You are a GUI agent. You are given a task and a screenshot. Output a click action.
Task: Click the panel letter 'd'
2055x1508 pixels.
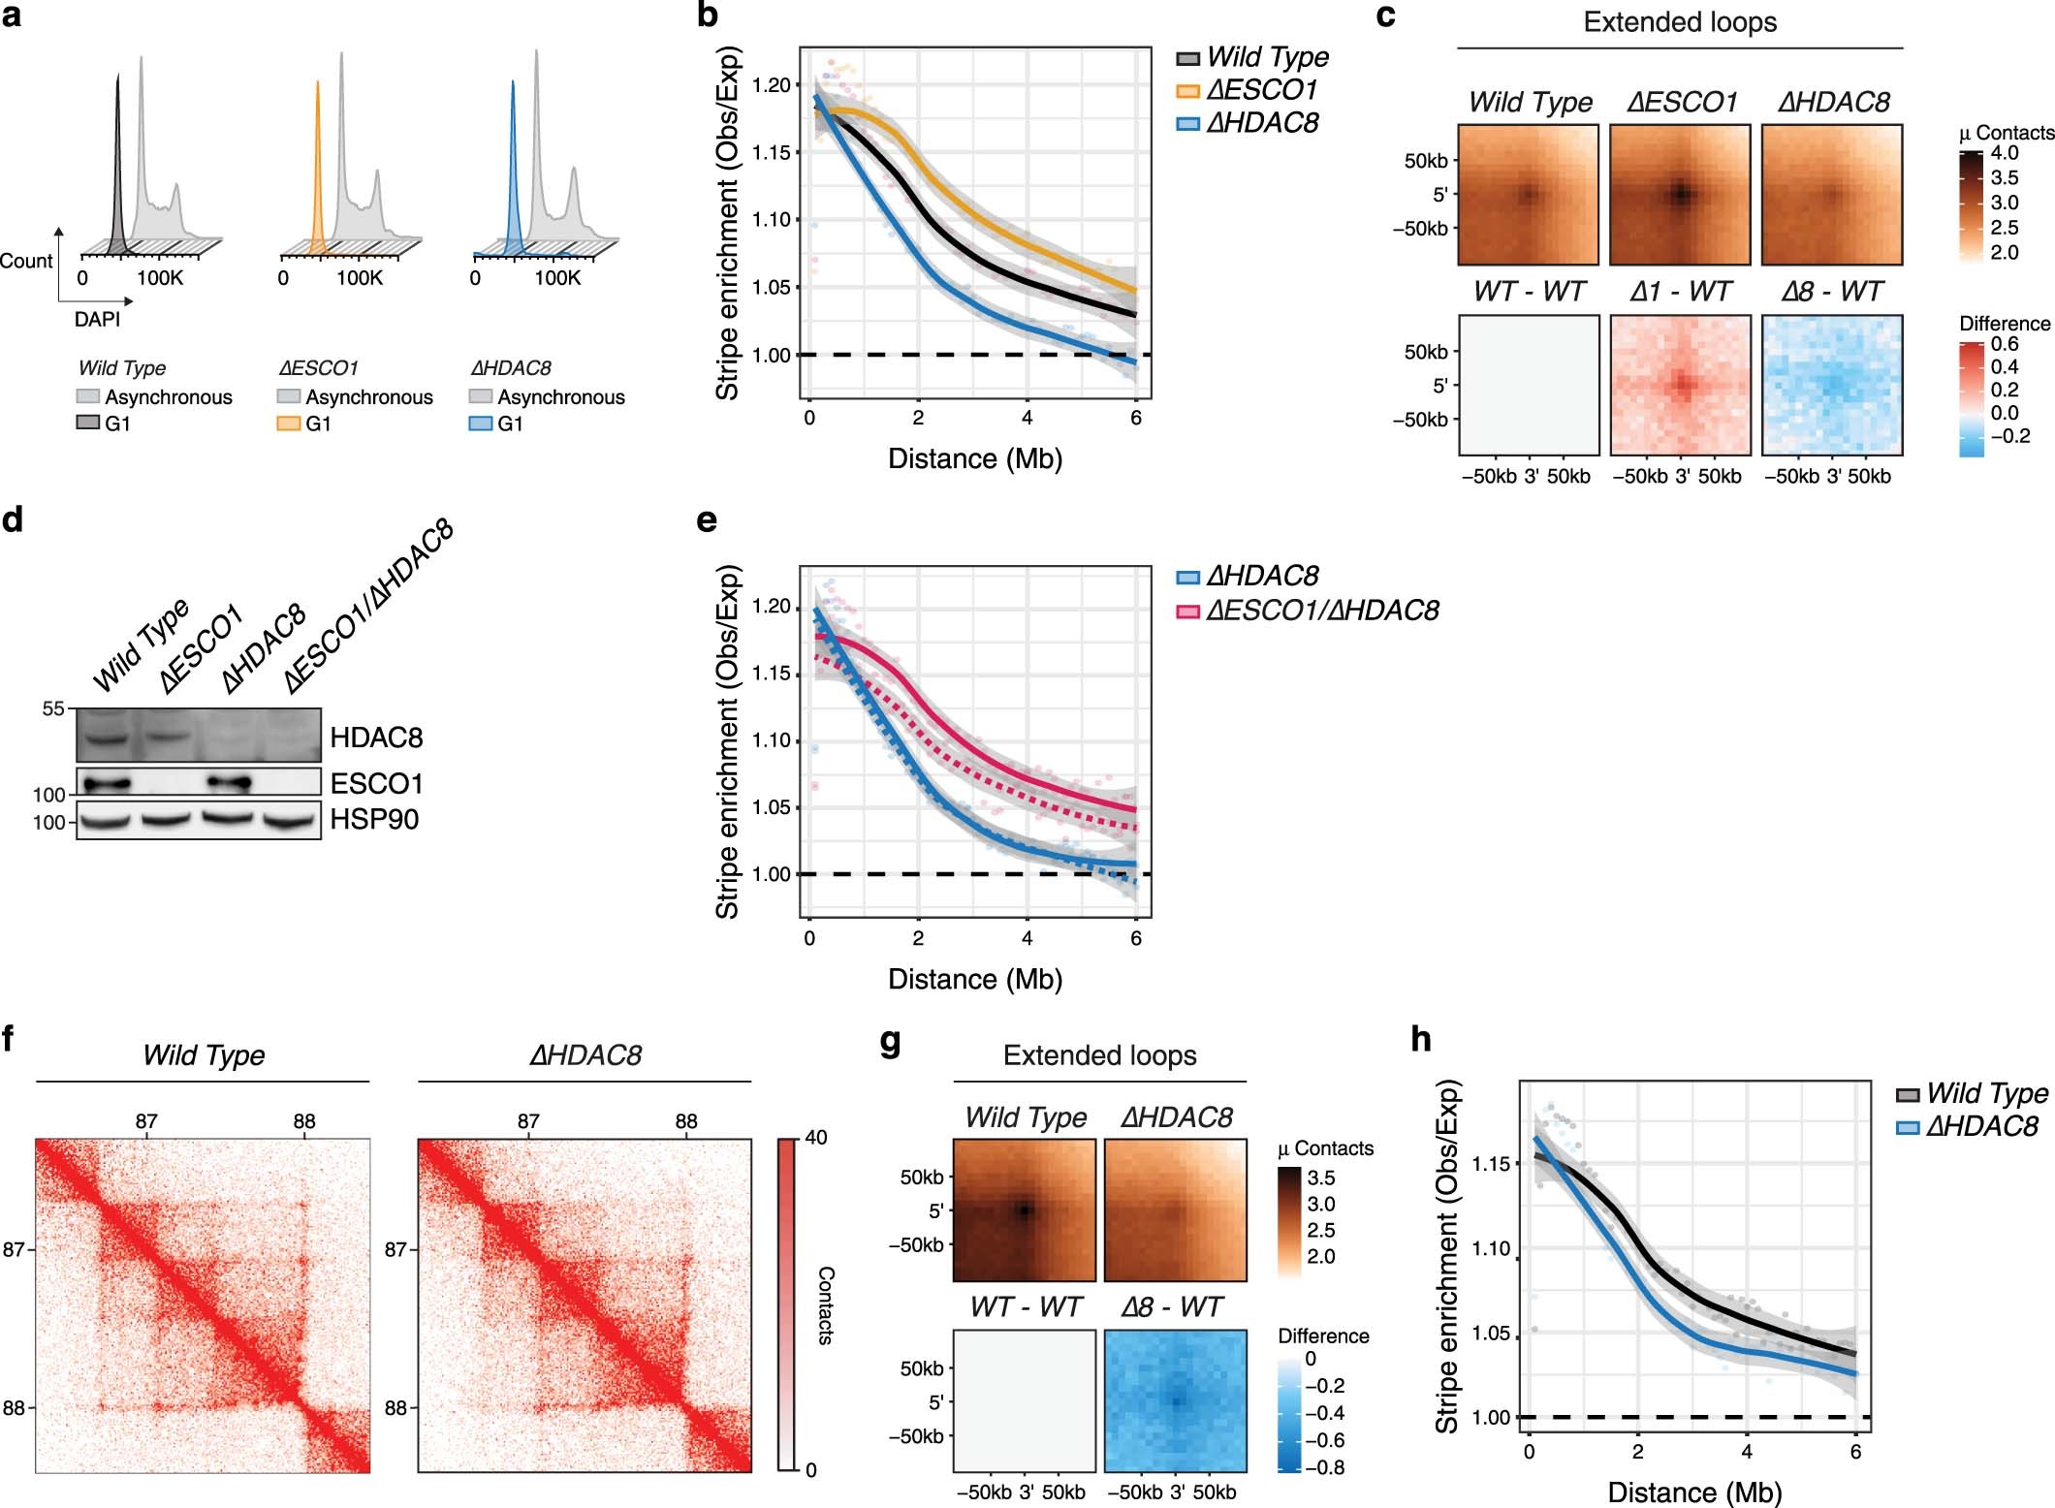[x=13, y=520]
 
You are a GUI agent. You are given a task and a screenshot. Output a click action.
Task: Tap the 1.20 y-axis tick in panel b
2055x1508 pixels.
[x=772, y=85]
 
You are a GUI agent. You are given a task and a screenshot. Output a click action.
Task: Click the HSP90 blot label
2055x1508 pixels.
[x=374, y=820]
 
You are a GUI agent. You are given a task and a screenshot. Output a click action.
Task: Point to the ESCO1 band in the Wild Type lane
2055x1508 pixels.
[x=106, y=782]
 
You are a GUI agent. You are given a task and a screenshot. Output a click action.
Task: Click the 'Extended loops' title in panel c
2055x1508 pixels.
[x=1679, y=22]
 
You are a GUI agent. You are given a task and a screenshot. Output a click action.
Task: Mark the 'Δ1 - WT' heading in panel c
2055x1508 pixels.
[x=1680, y=292]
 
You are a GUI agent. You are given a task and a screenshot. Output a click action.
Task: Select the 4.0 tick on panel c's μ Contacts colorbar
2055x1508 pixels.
[x=2005, y=153]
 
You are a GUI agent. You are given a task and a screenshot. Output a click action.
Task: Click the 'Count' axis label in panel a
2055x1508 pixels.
[x=26, y=261]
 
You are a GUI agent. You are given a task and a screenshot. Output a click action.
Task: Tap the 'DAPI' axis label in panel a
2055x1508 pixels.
[x=97, y=319]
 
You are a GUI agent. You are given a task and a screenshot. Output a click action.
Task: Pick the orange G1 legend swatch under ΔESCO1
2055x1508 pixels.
[x=288, y=424]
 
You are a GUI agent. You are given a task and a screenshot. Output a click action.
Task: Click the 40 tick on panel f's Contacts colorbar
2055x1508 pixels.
[x=816, y=1138]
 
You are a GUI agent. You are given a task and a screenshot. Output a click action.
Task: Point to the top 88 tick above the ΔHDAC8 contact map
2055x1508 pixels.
[x=686, y=1121]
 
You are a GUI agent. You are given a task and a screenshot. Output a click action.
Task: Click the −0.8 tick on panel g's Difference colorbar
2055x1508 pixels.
[x=1324, y=1467]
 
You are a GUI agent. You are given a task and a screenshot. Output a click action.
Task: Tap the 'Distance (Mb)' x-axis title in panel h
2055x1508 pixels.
[x=1694, y=1492]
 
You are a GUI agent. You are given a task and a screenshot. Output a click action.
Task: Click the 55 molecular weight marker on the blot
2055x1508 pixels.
[x=53, y=709]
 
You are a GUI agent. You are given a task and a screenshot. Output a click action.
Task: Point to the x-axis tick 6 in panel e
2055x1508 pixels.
[x=1136, y=938]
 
